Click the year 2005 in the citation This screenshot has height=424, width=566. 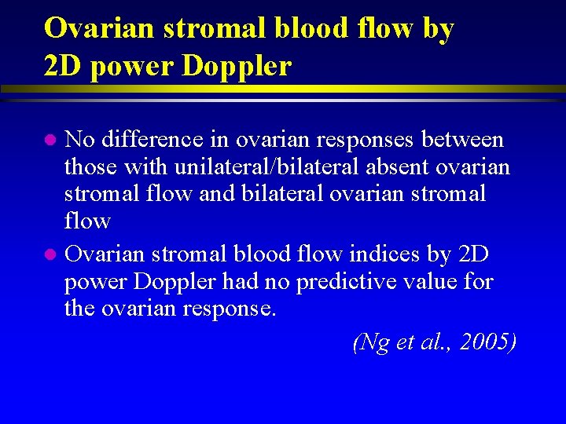click(491, 342)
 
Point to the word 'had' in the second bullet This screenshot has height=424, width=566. click(236, 281)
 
